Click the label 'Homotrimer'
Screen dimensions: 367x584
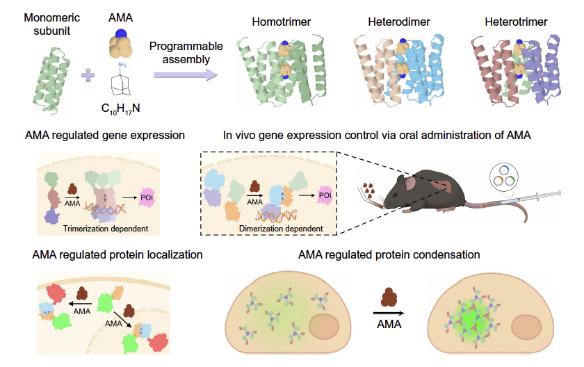281,22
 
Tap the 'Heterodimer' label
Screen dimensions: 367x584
399,22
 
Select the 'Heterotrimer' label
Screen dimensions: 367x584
517,22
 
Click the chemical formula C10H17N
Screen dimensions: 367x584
126,110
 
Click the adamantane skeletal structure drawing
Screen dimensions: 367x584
126,82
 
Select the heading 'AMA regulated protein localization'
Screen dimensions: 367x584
117,254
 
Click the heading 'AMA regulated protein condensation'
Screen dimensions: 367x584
389,254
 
